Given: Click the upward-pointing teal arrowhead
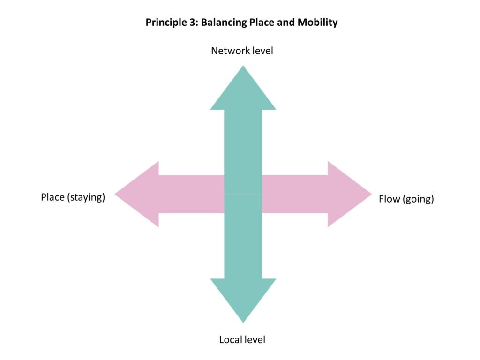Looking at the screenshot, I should pos(243,91).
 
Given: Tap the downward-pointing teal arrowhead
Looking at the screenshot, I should pos(243,297).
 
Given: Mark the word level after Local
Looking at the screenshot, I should pos(255,339).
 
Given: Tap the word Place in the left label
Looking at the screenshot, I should pos(52,197).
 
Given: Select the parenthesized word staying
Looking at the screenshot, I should pos(86,197).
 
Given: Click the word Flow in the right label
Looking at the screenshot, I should pos(389,199).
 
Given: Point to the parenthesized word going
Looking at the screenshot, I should pos(418,200).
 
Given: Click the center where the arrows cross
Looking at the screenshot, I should pos(243,194).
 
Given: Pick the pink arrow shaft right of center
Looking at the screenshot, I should pos(294,194).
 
